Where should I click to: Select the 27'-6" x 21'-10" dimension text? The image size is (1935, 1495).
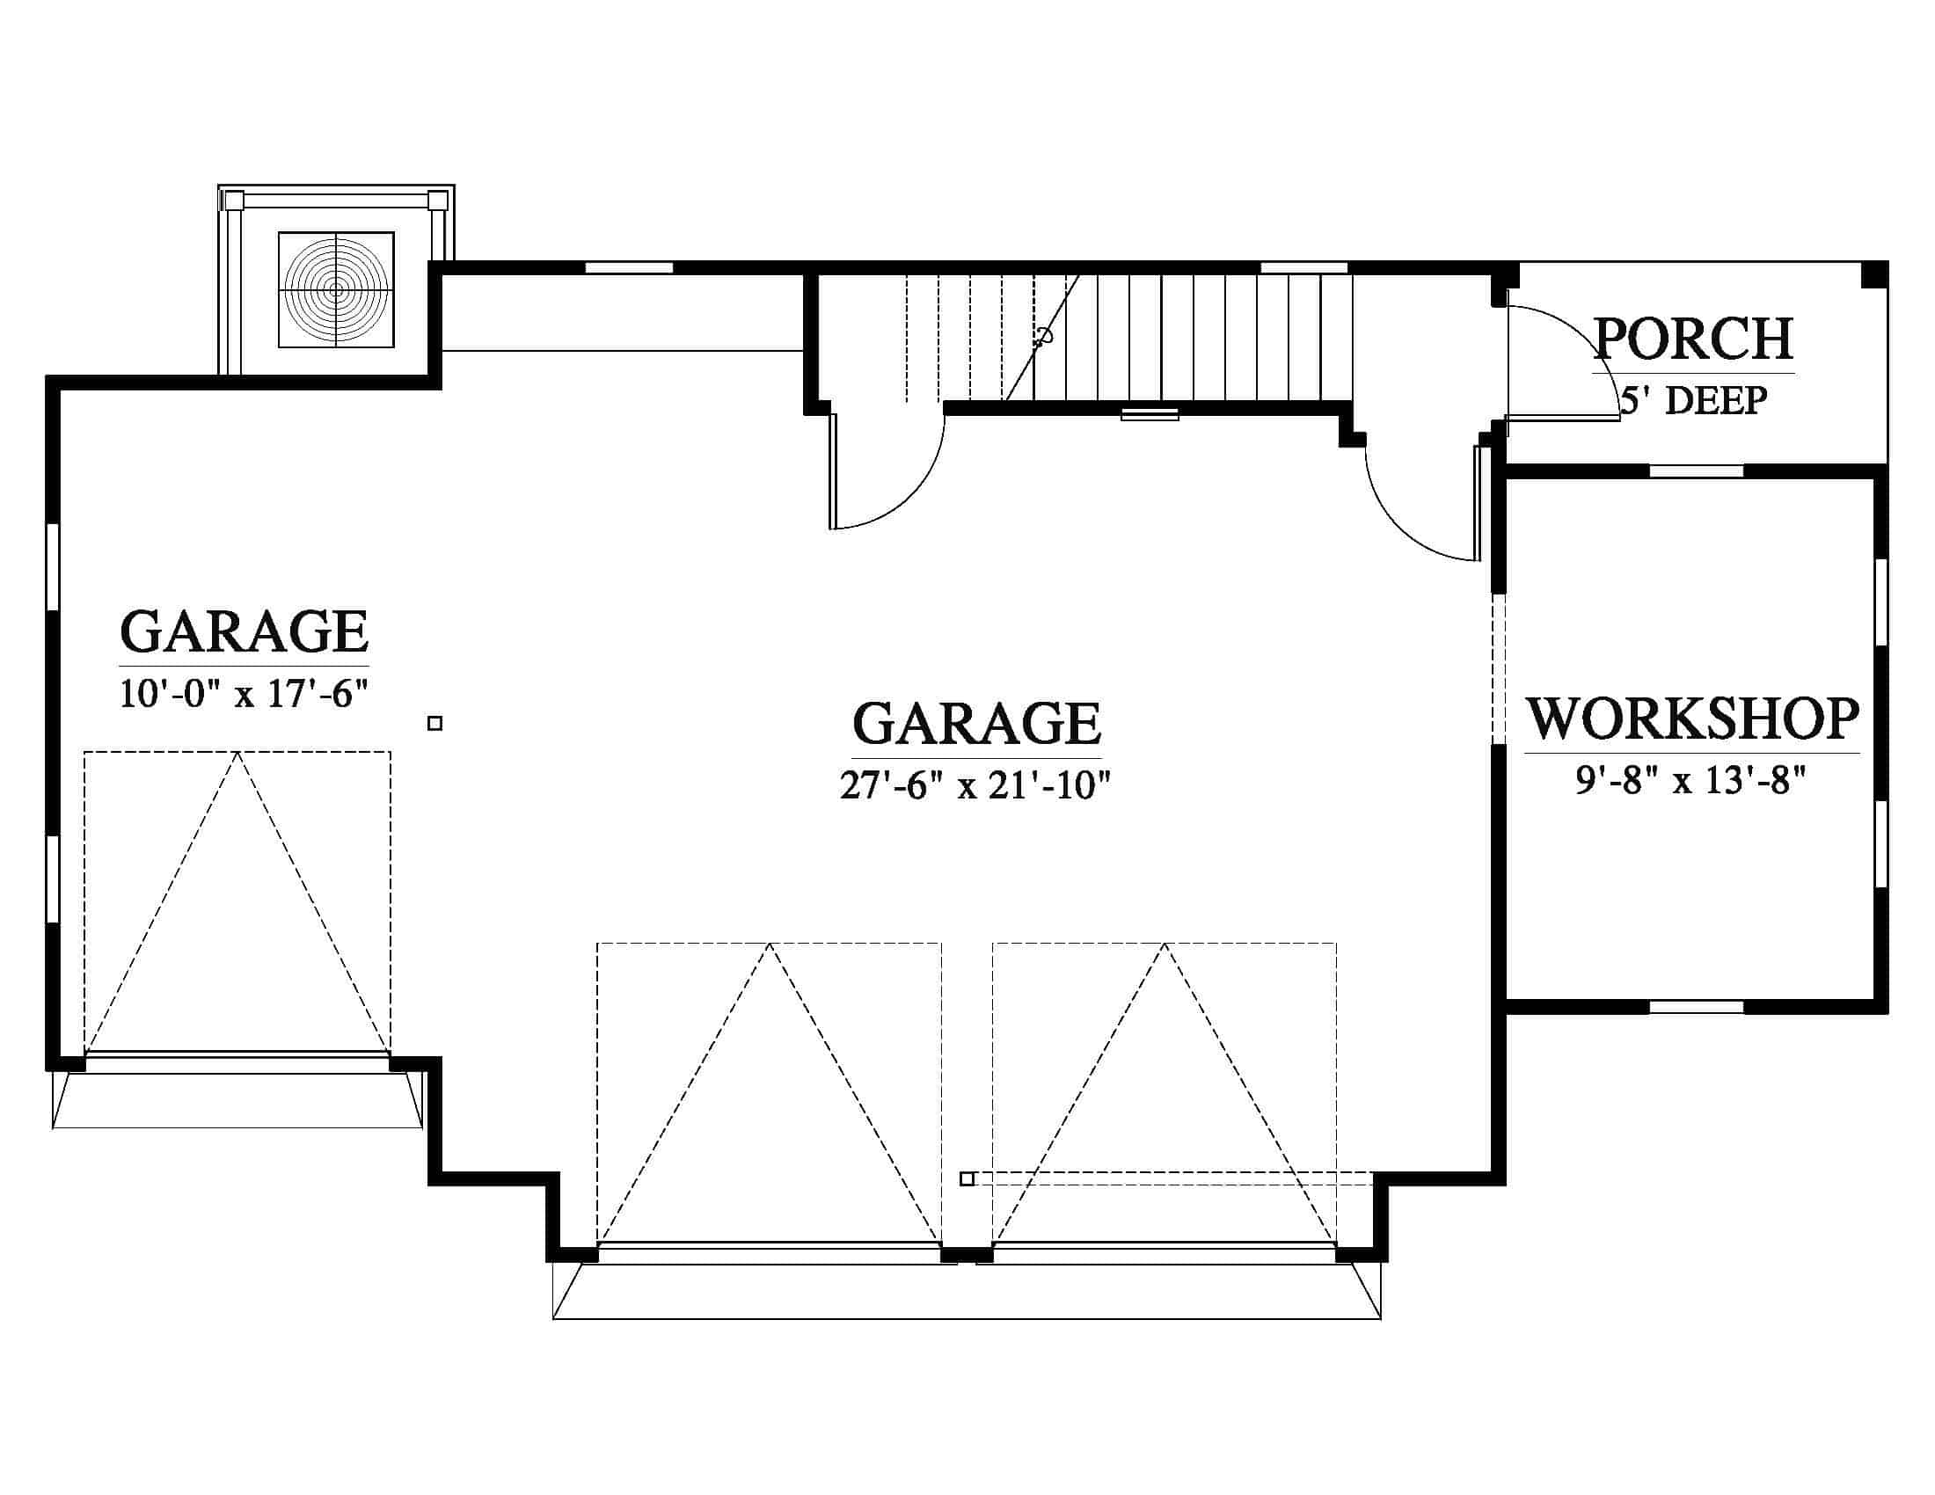(975, 784)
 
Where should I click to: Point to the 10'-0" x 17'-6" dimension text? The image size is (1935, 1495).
(244, 694)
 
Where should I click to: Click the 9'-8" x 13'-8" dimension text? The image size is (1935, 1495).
(1690, 780)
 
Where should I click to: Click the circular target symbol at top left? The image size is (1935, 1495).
(336, 289)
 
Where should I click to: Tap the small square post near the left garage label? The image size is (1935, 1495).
(435, 724)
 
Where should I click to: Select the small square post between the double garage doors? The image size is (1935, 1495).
(967, 1178)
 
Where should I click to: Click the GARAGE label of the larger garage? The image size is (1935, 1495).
(976, 723)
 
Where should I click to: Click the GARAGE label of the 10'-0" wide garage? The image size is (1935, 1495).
(244, 631)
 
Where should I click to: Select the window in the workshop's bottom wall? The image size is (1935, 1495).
(1697, 1006)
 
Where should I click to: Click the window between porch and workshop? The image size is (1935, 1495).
(1697, 471)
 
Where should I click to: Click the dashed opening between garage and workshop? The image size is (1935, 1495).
(1499, 668)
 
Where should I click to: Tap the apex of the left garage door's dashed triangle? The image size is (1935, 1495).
(237, 753)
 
